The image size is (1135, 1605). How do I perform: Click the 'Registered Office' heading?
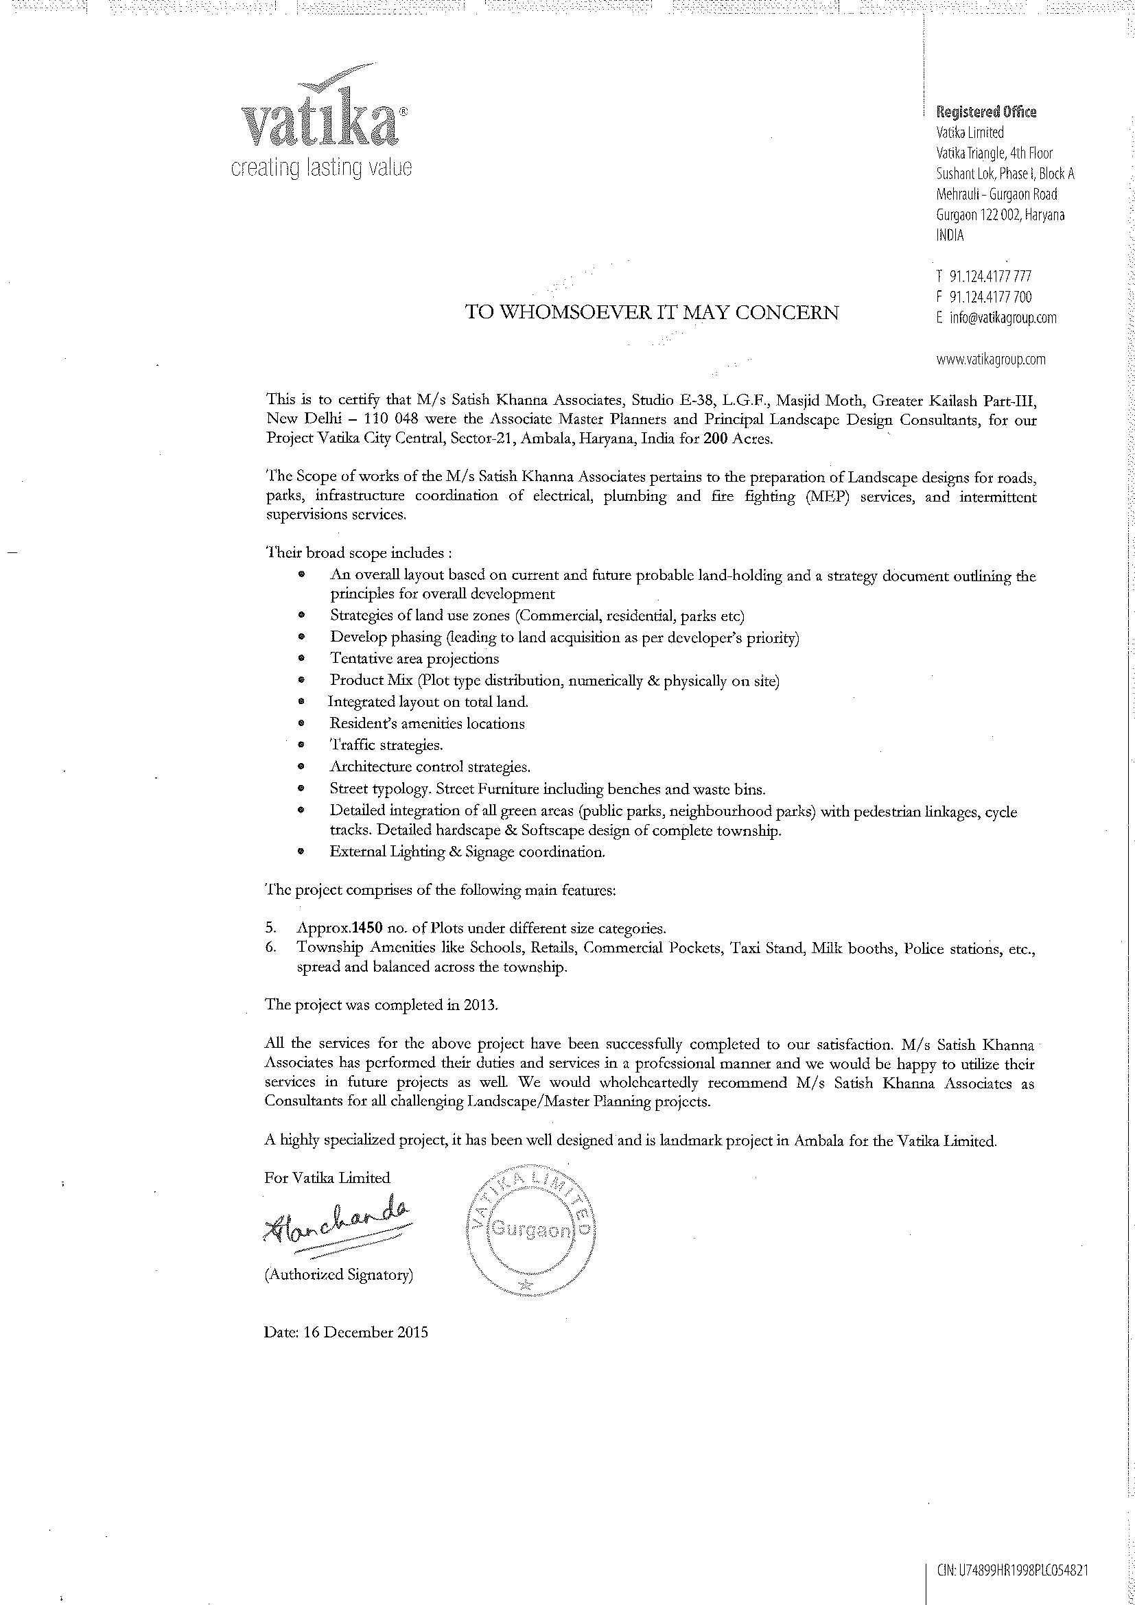click(x=986, y=112)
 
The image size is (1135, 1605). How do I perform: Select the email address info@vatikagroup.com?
click(x=1002, y=318)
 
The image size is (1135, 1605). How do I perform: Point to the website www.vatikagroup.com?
click(x=990, y=360)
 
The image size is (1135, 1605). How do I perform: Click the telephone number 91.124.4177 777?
click(x=990, y=277)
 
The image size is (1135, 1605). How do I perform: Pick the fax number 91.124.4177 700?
click(x=990, y=297)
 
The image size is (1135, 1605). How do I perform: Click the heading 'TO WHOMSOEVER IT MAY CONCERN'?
click(x=651, y=312)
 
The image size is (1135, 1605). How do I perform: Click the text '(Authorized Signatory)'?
click(x=338, y=1274)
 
